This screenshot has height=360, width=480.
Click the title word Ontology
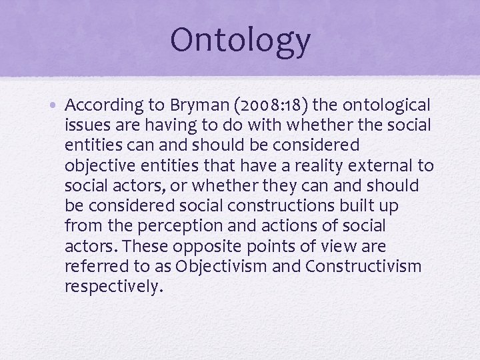[x=240, y=40]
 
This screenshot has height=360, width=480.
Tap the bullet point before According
[x=58, y=106]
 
